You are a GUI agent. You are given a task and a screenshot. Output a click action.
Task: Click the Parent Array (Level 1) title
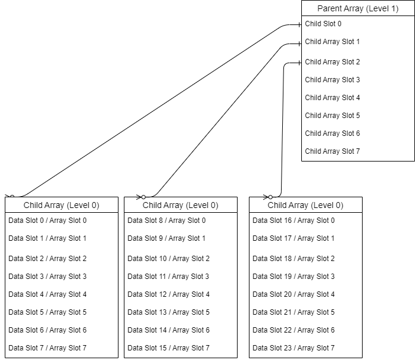coord(358,8)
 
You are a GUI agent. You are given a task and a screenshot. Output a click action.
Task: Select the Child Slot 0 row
coord(323,24)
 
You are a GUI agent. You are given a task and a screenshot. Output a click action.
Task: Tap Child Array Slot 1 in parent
coord(332,42)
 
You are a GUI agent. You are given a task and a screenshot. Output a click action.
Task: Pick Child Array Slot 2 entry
coord(332,62)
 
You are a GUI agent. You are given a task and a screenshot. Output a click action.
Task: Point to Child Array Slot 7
coord(332,151)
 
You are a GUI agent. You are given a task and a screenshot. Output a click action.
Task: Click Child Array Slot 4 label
coord(332,98)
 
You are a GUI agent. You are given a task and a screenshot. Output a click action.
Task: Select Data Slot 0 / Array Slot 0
coord(48,221)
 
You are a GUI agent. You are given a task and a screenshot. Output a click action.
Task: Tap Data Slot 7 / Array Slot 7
coord(48,348)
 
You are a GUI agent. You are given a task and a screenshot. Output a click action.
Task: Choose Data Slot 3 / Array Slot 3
coord(48,277)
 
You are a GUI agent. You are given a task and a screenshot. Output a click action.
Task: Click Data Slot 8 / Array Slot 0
coord(167,221)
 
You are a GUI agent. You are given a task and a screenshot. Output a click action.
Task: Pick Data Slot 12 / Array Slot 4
coord(169,294)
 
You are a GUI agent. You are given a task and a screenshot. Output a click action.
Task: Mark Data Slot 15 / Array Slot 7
coord(169,348)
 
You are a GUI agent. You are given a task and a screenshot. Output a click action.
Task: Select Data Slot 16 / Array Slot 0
coord(294,221)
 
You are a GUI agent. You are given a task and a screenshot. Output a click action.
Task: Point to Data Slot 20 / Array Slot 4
coord(294,294)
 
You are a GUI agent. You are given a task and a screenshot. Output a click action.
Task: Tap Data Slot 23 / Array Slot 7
coord(294,348)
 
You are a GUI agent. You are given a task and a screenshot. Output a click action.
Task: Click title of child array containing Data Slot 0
coord(61,205)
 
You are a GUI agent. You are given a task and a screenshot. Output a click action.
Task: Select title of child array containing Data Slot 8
coord(180,205)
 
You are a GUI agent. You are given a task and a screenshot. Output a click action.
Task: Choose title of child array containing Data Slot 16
coord(305,205)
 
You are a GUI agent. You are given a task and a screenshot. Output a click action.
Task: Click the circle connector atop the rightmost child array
coord(270,197)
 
